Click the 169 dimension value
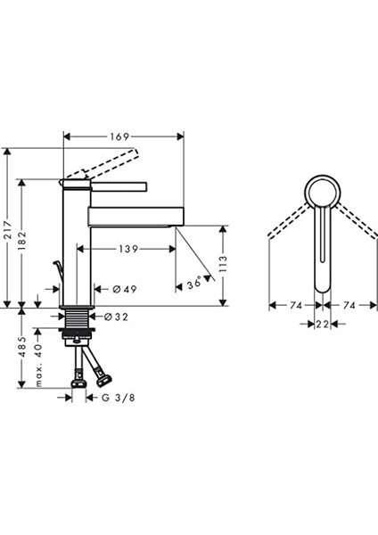tap(119, 136)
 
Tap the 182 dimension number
tap(22, 241)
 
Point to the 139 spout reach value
tap(128, 249)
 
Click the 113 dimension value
tap(223, 264)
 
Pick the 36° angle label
tap(194, 284)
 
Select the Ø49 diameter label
tap(125, 289)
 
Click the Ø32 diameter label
tap(116, 317)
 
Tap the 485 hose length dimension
tap(22, 347)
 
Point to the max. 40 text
tap(38, 365)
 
